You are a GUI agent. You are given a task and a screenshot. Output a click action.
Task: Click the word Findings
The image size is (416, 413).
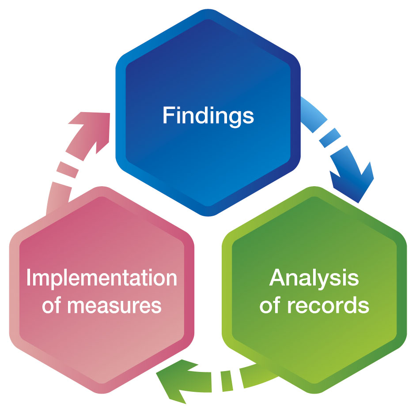(x=208, y=115)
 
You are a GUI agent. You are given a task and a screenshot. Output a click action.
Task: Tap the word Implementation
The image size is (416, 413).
(x=101, y=278)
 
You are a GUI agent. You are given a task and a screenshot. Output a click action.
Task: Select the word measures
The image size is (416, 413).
(x=116, y=305)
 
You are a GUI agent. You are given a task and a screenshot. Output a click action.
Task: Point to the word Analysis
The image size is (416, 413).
(x=314, y=278)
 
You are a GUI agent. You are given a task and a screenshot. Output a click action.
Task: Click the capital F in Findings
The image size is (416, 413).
(x=168, y=115)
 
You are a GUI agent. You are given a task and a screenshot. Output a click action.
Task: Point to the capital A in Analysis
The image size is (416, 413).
(x=277, y=278)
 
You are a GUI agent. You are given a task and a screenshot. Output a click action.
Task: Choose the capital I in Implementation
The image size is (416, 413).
(x=29, y=278)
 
